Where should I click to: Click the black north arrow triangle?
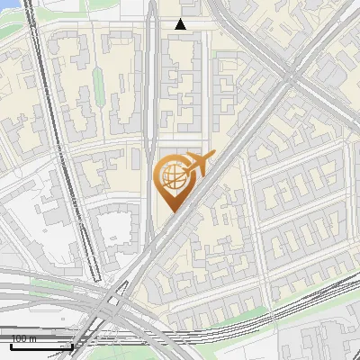[181, 24]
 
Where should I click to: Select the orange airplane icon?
[196, 165]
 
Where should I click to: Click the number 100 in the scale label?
[17, 339]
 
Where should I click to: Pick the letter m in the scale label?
[31, 339]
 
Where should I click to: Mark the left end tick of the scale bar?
[2, 345]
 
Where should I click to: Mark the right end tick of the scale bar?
[72, 345]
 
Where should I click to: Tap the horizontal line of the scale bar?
[37, 346]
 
